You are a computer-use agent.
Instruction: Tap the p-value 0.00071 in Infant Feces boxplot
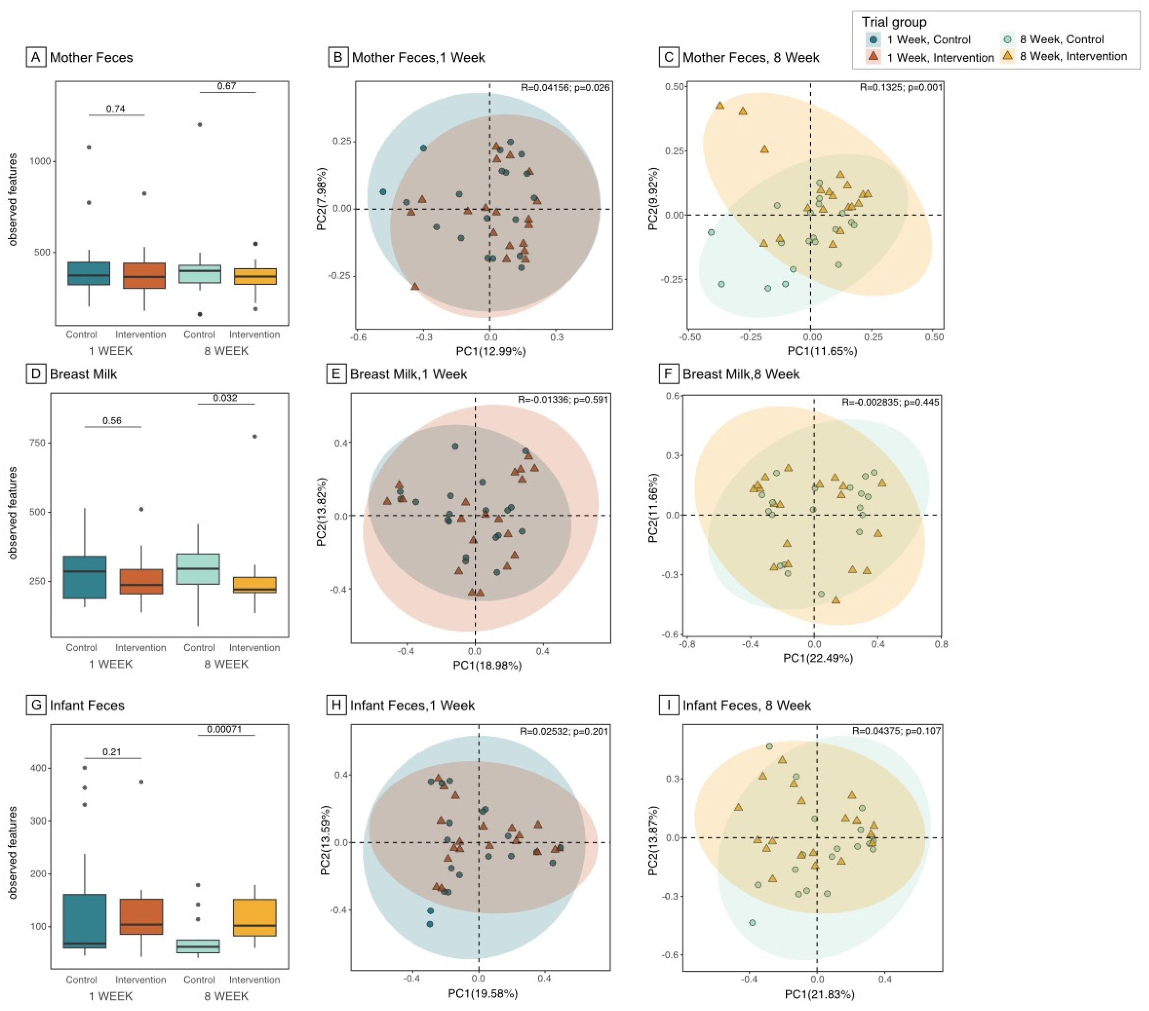(224, 729)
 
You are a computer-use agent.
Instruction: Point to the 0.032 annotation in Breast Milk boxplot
(225, 398)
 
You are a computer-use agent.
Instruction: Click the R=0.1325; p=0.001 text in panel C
(901, 87)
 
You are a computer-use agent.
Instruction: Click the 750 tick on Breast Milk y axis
(37, 443)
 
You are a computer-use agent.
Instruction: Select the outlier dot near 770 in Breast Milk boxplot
(255, 436)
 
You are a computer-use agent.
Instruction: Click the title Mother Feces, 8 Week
(750, 57)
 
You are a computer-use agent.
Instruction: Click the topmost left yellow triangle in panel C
(720, 105)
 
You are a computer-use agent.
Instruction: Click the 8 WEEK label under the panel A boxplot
(226, 351)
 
